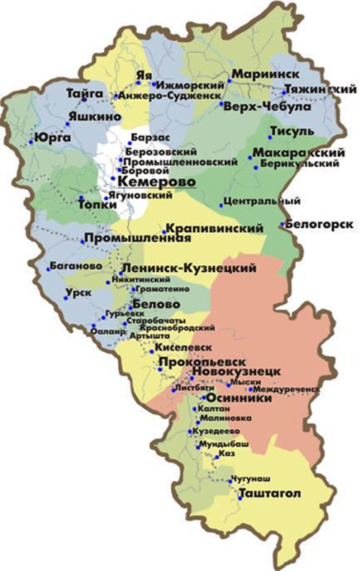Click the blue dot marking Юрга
pos(32,143)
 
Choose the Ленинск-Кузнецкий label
pos(189,268)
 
